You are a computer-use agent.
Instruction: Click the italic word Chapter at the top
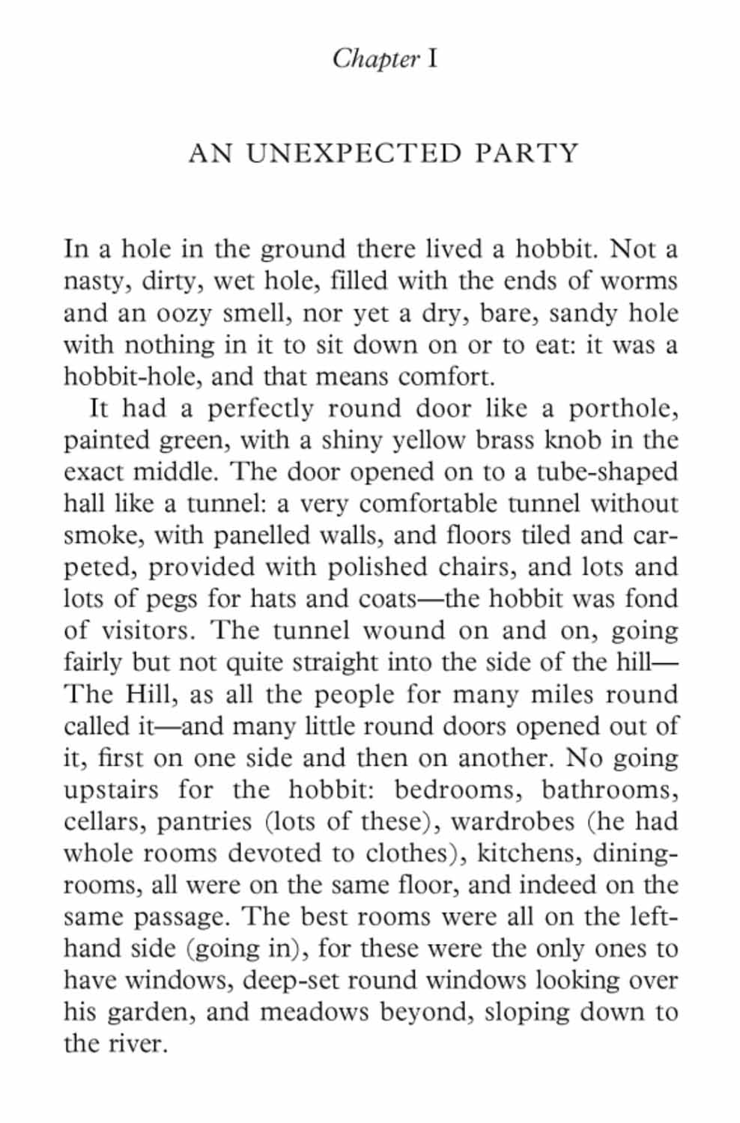[x=375, y=58]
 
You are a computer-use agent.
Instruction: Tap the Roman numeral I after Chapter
[x=432, y=58]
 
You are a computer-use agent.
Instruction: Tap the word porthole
[x=622, y=409]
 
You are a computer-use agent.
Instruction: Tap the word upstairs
[x=111, y=791]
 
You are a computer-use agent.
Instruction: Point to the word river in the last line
[x=137, y=1044]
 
